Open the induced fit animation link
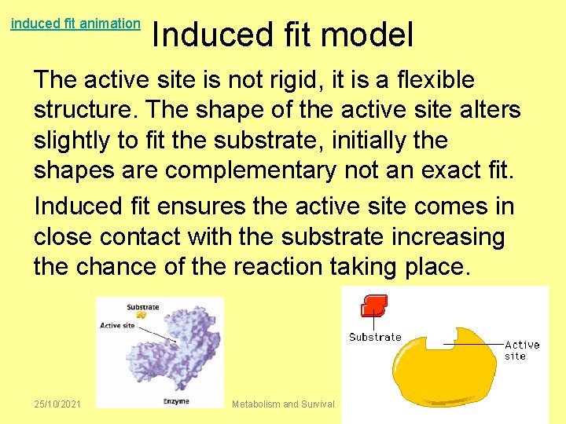pos(75,24)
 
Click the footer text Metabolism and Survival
pos(283,404)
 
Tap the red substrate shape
pos(374,305)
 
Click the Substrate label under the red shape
pos(375,338)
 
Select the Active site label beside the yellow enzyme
pos(521,350)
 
